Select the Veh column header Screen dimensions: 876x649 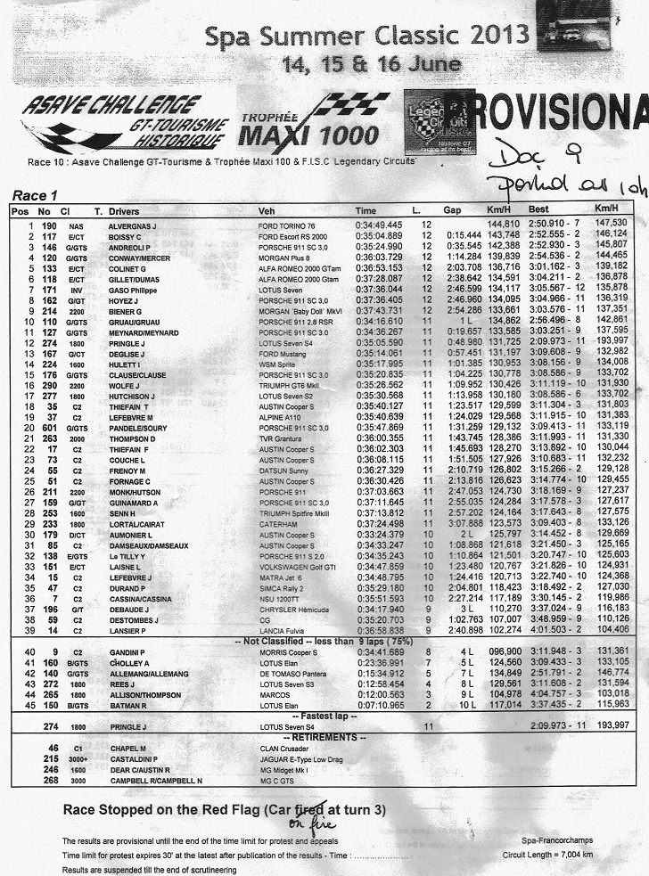coord(266,212)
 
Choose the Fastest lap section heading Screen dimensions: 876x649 coord(323,716)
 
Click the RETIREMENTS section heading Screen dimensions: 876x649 coord(323,737)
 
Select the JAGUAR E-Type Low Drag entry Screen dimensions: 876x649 coord(300,758)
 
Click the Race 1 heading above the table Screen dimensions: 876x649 coord(35,196)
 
